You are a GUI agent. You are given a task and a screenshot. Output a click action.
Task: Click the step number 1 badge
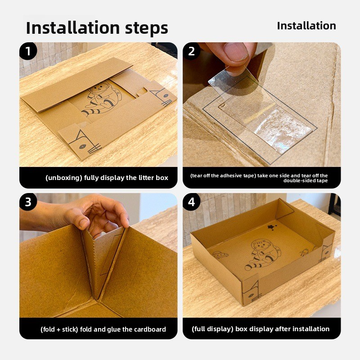coord(28,51)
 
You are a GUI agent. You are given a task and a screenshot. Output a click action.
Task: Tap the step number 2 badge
coord(192,51)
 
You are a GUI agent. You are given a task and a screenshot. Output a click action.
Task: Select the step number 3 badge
coord(28,202)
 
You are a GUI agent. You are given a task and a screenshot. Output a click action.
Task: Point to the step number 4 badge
coord(192,202)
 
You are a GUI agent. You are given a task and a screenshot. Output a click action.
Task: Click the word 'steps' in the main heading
coord(147,28)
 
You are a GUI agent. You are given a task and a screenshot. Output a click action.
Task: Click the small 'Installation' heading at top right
coord(306,26)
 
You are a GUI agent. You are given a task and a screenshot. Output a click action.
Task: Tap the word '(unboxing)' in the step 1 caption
coord(64,178)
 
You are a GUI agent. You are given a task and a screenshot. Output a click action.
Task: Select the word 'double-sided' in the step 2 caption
coord(297,180)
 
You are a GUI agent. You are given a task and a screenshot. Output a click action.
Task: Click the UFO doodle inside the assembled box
coord(220,255)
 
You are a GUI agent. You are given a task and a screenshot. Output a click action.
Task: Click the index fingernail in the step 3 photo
coord(83,223)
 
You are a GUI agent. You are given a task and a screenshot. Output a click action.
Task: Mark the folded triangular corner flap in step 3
coord(103,260)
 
